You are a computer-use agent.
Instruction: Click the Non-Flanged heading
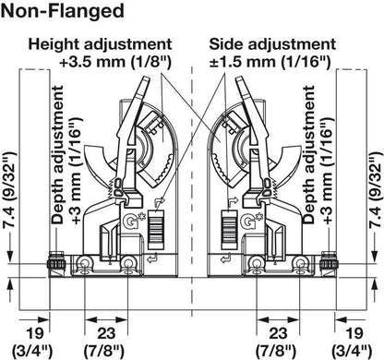point(64,12)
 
